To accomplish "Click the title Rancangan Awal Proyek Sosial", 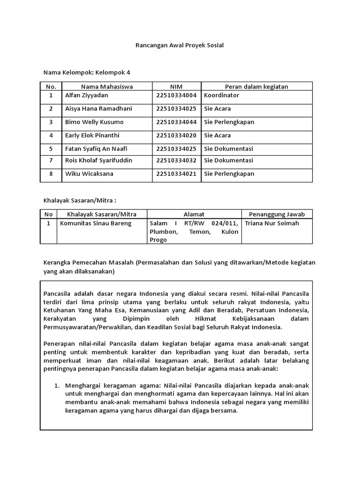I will click(180, 45).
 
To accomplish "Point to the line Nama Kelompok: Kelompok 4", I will click(87, 73).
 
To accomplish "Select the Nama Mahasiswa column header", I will click(107, 86).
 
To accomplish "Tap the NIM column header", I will click(176, 86).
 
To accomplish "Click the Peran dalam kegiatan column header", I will click(256, 86).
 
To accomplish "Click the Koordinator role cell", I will click(221, 95).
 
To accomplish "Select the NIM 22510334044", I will click(176, 122).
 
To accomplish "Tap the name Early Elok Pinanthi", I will click(92, 135).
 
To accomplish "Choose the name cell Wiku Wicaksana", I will click(90, 173).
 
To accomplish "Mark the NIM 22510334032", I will click(176, 160).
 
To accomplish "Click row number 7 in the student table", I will click(51, 160).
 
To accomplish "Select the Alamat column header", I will click(194, 214).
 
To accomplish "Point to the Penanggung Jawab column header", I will click(277, 214).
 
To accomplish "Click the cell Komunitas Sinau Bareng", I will click(96, 223).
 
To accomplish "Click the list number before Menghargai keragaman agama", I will click(56, 386).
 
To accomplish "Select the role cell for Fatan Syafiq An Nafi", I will click(228, 149).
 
